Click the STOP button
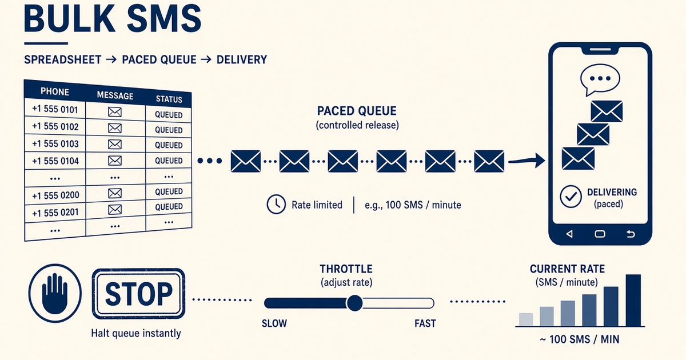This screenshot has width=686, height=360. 138,294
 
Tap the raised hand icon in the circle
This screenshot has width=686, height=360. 55,293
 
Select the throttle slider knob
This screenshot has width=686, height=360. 354,303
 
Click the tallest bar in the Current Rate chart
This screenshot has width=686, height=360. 633,301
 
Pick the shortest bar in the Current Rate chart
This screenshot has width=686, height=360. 526,319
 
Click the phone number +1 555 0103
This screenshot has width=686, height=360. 55,143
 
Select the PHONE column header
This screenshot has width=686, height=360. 55,91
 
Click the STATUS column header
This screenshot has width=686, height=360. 169,99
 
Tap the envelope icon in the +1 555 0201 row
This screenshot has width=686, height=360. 115,209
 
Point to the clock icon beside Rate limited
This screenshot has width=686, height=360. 276,204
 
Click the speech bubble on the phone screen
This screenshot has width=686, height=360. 600,79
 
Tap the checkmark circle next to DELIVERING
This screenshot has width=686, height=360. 571,197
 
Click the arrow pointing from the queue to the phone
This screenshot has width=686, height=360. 527,161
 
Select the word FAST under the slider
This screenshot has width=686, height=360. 425,323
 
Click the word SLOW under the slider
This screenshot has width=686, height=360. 274,323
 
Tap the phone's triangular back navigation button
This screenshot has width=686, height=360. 569,234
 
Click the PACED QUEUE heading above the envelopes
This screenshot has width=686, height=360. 357,111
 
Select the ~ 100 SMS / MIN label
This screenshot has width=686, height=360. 580,339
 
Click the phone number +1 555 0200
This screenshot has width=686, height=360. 56,195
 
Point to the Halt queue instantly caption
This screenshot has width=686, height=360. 136,333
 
